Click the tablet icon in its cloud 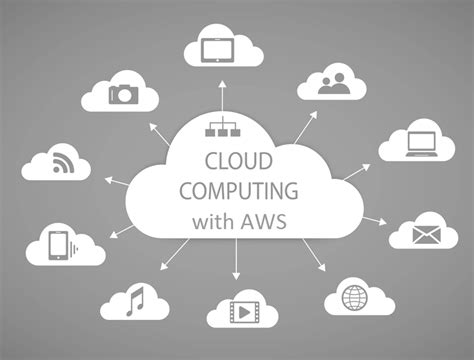(x=217, y=48)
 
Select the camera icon (x=125, y=94)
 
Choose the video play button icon (x=241, y=310)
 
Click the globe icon (x=354, y=297)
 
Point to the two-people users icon (x=332, y=85)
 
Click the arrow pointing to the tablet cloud (x=217, y=95)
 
